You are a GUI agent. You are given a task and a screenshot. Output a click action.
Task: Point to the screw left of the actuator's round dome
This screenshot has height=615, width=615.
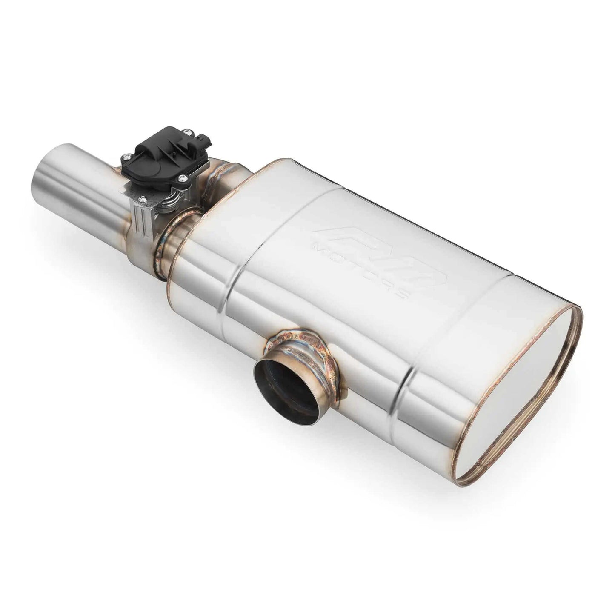[x=126, y=157]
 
